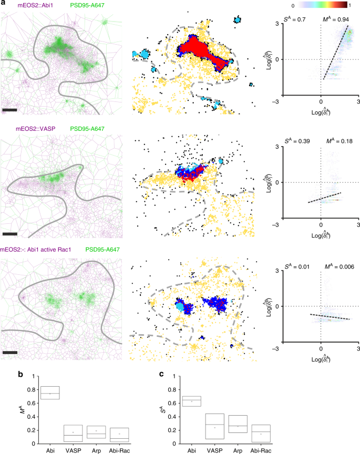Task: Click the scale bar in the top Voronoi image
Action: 9,110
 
